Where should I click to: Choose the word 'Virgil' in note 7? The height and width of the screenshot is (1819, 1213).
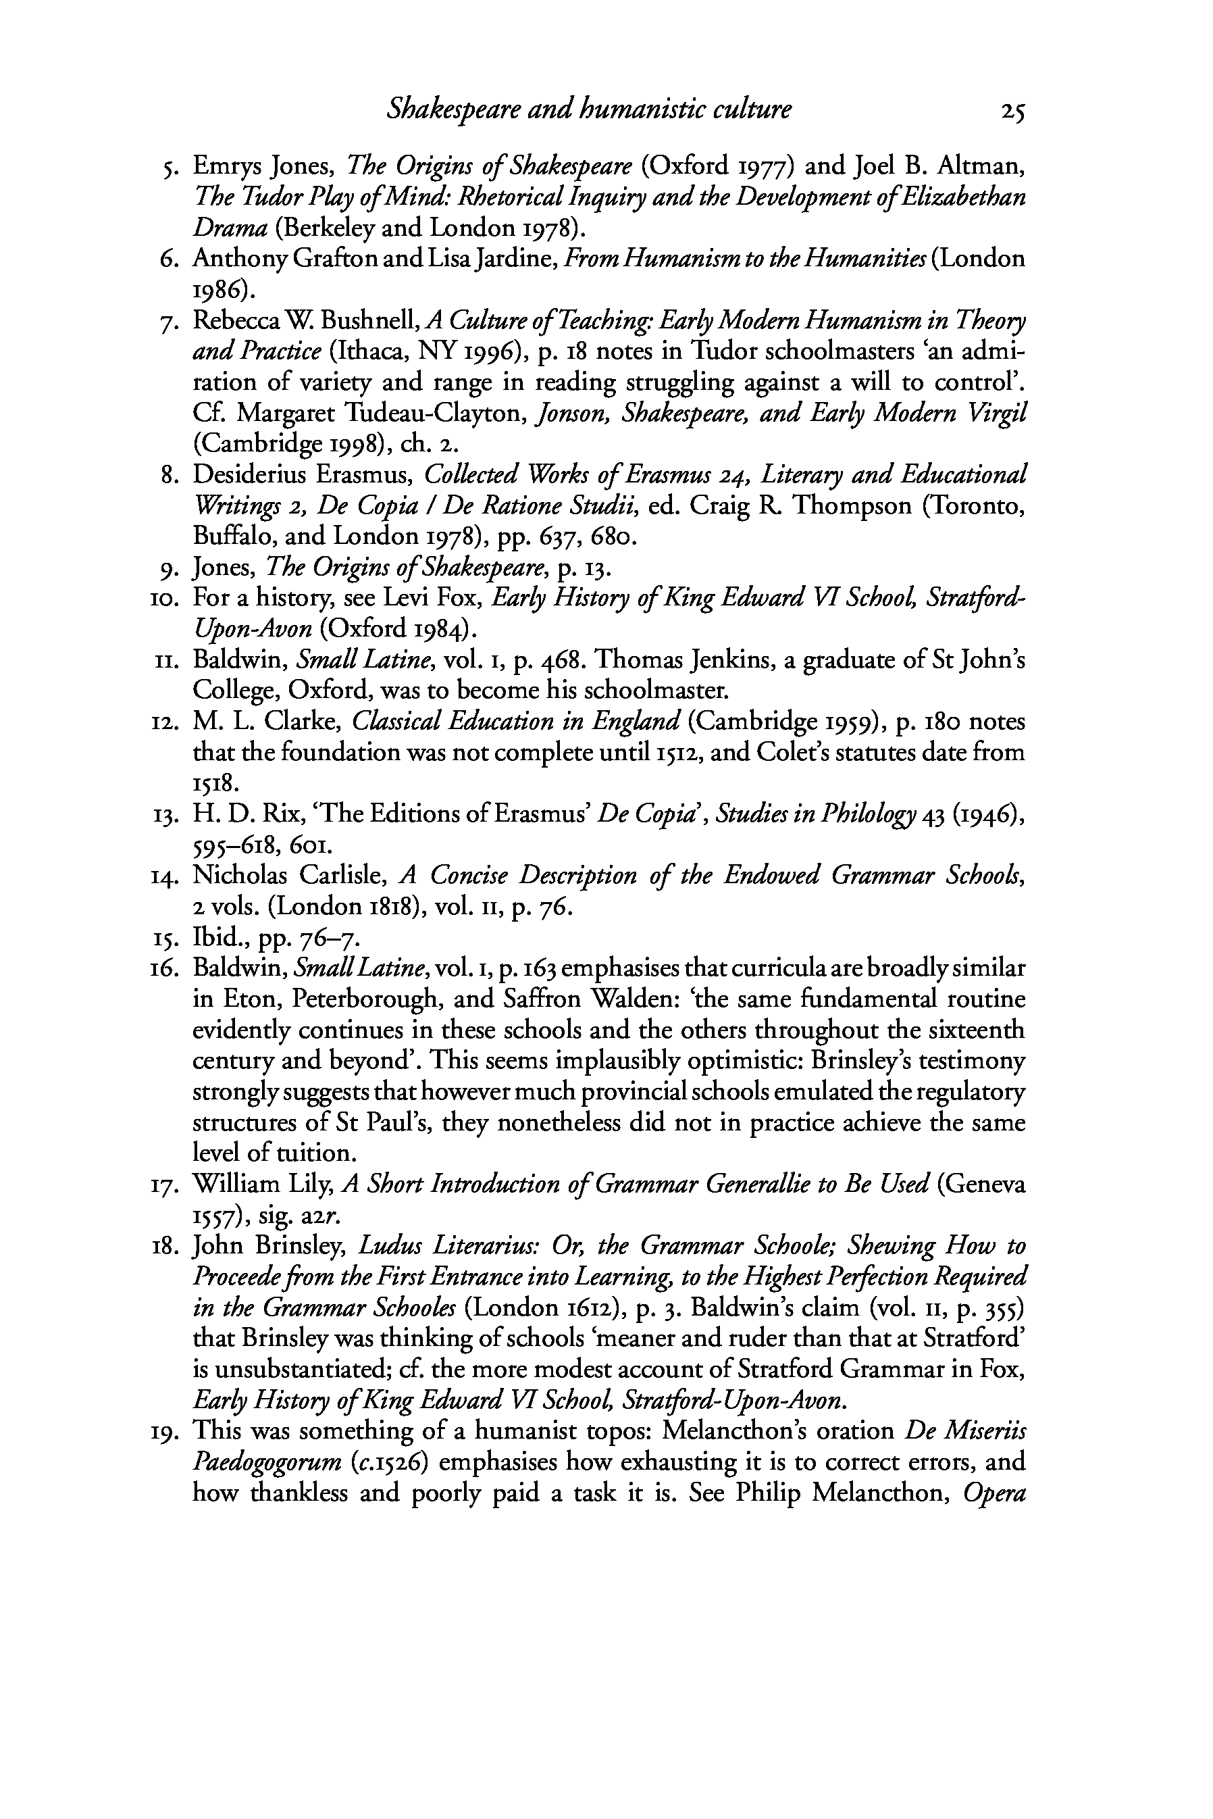coord(1000,413)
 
